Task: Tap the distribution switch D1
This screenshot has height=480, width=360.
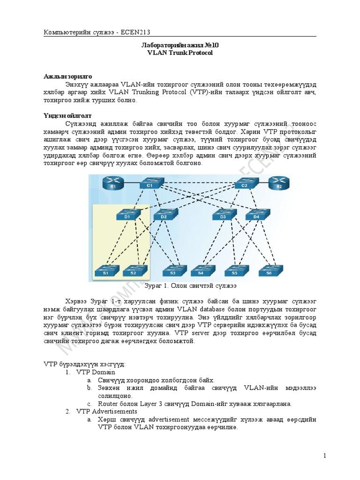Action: (127, 215)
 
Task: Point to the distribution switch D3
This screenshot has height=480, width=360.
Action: (222, 215)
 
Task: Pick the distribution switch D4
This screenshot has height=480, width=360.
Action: (256, 215)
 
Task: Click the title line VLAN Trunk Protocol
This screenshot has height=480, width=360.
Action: (180, 53)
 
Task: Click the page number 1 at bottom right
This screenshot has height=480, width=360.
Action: (324, 456)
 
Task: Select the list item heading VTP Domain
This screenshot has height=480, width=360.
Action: (96, 372)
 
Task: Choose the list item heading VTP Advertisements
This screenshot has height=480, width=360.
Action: (107, 411)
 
